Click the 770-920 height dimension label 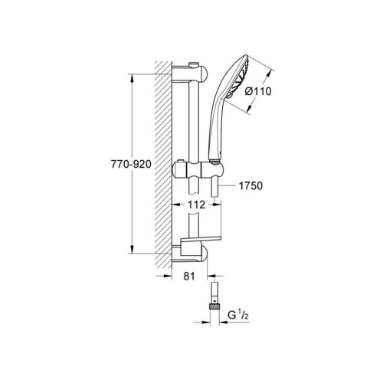pos(131,164)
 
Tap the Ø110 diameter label pos(258,91)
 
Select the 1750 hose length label pos(250,186)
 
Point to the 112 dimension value pos(196,205)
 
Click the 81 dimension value pos(189,276)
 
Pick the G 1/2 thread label pos(238,316)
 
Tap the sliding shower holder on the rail pos(198,169)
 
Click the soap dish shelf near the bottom pos(201,239)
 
